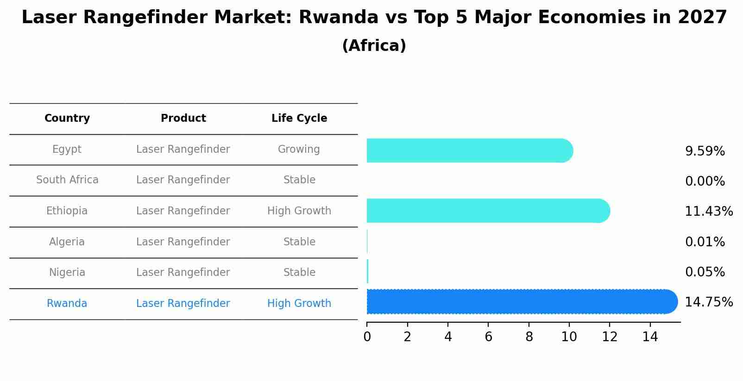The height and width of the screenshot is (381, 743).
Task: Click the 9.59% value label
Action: (x=705, y=151)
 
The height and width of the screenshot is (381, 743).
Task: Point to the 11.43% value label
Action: (x=708, y=212)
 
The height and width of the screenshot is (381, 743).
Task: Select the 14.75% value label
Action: (x=708, y=302)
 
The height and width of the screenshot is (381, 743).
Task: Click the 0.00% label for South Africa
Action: (x=705, y=181)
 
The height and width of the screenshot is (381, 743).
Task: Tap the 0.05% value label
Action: (x=705, y=272)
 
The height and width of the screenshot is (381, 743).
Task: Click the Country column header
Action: (x=67, y=119)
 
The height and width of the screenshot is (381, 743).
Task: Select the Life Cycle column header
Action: (x=299, y=119)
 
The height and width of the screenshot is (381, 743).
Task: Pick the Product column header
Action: (x=183, y=119)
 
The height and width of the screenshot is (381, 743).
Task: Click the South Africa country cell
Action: (x=67, y=180)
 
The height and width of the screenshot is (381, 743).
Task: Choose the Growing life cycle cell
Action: (x=299, y=150)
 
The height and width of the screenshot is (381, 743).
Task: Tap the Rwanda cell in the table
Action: (x=67, y=304)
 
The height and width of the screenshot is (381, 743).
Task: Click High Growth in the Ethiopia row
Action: (x=299, y=211)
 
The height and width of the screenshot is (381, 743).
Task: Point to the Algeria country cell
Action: (x=67, y=242)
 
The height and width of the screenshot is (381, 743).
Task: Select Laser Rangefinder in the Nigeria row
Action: (x=183, y=273)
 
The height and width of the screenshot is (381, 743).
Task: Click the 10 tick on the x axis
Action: (x=569, y=337)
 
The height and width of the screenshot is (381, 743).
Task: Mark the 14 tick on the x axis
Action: (x=650, y=337)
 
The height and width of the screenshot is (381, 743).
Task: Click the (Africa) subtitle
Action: (x=374, y=46)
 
